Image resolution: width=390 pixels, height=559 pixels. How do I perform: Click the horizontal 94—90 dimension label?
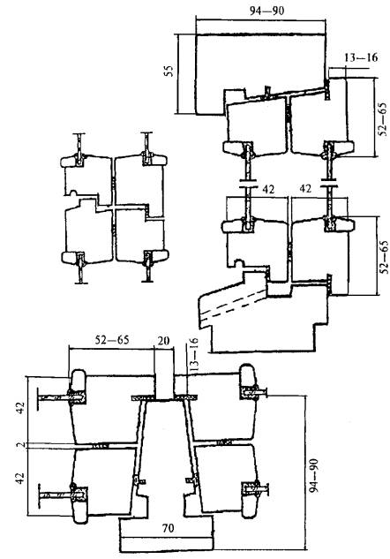coord(266,11)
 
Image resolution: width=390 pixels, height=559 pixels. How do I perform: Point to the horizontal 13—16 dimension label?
coord(361,57)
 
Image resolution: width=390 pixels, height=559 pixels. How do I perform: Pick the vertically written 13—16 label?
coord(192,355)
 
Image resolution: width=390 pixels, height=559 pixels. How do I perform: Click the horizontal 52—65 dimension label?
coord(112,340)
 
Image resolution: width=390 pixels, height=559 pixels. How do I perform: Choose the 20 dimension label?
coord(163,341)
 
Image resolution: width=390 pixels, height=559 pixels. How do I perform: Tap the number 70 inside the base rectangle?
coord(168,527)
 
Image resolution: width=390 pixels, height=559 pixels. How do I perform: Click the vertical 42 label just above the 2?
coord(20,408)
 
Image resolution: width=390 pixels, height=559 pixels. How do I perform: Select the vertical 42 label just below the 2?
coord(20,478)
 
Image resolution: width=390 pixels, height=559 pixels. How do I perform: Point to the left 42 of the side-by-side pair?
coord(268,189)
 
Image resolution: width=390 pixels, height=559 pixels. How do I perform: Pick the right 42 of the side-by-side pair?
coord(305,188)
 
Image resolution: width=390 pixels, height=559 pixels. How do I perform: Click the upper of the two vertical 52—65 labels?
coord(383,119)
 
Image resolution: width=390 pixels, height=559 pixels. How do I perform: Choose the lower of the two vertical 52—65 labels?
coord(384,257)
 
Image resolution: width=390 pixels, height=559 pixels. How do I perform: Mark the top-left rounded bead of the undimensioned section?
coord(71,162)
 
